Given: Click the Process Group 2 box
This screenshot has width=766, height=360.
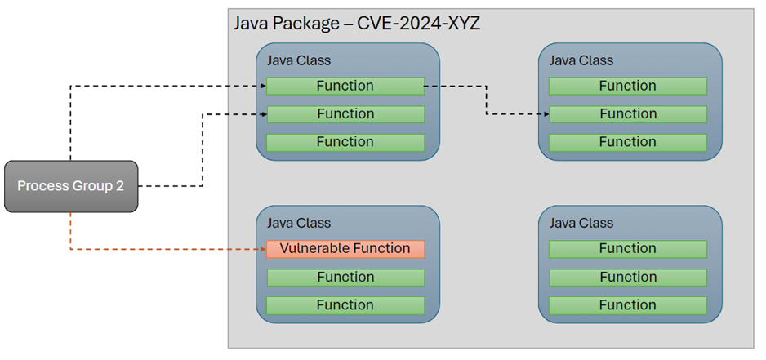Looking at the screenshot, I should (71, 186).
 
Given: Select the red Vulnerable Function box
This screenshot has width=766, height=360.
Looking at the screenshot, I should (345, 248).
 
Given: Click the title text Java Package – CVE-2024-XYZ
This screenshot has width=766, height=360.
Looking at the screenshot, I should (357, 23).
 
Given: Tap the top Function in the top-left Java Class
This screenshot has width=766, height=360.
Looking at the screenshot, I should (345, 86).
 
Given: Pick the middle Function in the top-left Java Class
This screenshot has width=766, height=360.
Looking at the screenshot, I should (345, 114).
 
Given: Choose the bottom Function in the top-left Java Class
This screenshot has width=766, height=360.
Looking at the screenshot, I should (345, 142).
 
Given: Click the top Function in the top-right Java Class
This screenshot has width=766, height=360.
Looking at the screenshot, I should (627, 86).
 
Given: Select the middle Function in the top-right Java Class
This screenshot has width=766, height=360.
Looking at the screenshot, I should (627, 114).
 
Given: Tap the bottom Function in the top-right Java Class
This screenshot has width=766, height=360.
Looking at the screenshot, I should (627, 142).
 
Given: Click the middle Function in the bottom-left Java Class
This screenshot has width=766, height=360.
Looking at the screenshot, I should (345, 277).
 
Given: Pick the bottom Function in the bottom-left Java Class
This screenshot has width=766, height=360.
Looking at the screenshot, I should (345, 304).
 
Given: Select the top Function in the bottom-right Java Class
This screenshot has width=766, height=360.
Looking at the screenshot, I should (627, 248).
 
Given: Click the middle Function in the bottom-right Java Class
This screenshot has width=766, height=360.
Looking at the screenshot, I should (627, 277).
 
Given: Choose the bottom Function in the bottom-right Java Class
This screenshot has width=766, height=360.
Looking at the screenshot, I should (627, 304).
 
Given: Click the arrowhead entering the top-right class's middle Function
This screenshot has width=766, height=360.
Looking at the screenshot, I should (544, 114).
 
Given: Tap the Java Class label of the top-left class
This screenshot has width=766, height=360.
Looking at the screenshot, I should (299, 60).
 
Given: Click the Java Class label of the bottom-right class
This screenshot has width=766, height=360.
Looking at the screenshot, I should (581, 223).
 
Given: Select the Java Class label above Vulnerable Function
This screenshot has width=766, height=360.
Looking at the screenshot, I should (299, 223).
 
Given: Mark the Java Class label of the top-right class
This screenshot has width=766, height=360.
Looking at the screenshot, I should (581, 60).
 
